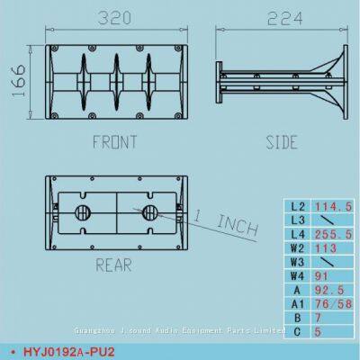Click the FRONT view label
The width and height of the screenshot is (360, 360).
point(114,141)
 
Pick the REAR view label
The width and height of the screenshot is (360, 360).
point(114,264)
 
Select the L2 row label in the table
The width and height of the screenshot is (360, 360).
point(297,206)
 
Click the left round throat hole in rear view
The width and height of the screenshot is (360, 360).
point(83,213)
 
